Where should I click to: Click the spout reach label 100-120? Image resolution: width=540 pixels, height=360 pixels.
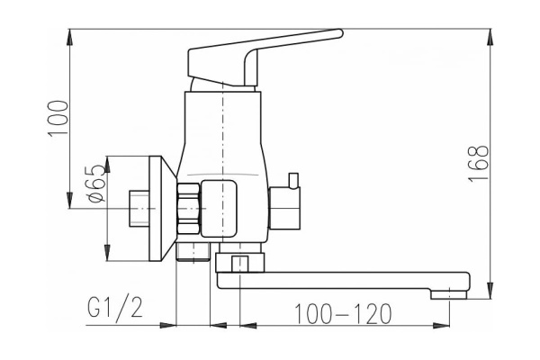pos(344,314)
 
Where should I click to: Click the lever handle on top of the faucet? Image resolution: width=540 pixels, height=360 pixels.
pos(261,56)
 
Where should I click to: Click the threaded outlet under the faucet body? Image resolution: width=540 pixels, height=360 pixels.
pos(191,250)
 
